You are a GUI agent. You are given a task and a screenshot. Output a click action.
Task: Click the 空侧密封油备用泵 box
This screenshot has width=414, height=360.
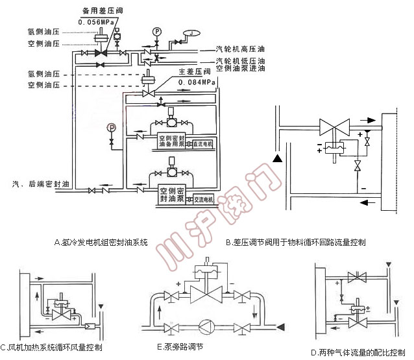pos(171,141)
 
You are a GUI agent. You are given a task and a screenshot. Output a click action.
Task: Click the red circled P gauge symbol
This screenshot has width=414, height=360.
pos(112,127)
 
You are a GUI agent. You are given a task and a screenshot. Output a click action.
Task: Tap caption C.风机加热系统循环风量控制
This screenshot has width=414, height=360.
pos(51,348)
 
